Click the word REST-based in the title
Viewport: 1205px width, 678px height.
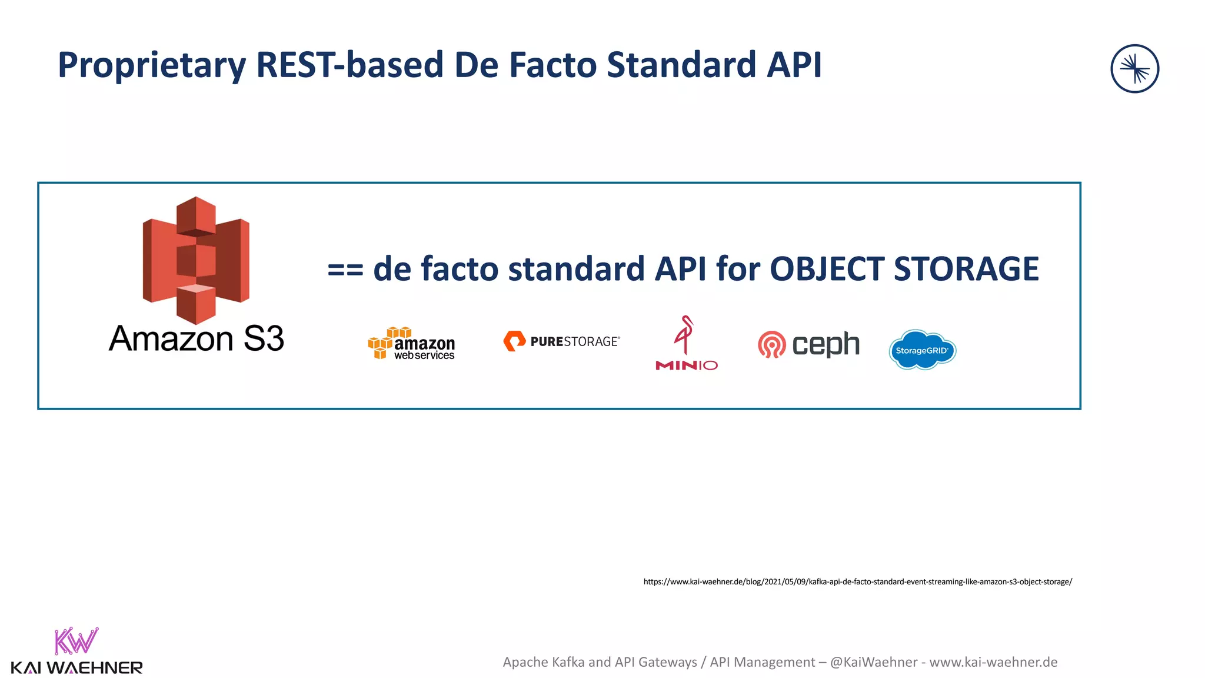coord(349,65)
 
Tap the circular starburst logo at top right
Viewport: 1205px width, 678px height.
coord(1134,69)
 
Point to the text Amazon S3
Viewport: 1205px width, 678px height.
coord(196,339)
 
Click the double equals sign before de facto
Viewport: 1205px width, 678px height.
coord(345,270)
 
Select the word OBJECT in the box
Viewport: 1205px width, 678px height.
coord(827,270)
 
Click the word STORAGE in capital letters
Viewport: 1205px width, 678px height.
coord(966,270)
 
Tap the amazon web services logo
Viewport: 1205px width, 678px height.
coord(412,344)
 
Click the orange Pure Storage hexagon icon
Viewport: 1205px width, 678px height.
coord(514,341)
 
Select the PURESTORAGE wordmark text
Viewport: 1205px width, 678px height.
coord(574,341)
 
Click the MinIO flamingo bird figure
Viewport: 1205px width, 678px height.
coord(684,334)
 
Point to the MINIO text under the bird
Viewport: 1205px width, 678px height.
coord(687,365)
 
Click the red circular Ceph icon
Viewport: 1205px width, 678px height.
coord(771,345)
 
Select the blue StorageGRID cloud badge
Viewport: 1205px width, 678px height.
coord(922,350)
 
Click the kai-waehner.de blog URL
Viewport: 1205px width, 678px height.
coord(857,581)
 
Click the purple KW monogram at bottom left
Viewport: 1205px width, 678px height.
coord(76,642)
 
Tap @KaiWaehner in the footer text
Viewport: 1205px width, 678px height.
coord(873,662)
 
